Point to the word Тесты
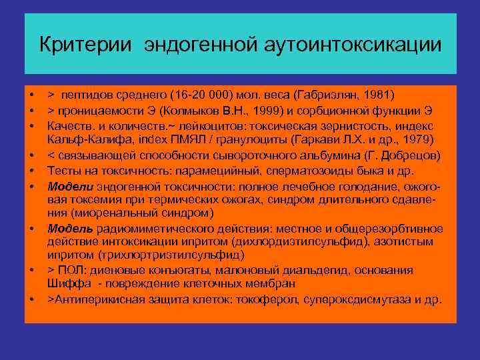coord(63,170)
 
